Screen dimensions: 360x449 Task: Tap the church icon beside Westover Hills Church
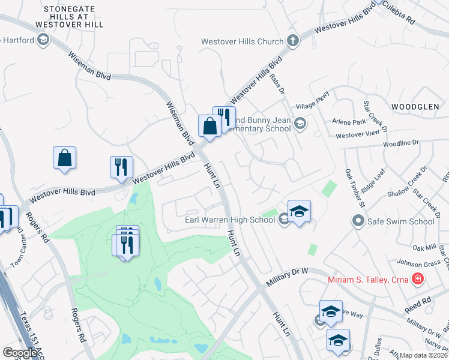pos(292,41)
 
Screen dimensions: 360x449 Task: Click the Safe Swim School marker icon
pos(358,221)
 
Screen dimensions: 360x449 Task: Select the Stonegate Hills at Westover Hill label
pos(73,17)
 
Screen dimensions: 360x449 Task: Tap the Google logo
pos(20,352)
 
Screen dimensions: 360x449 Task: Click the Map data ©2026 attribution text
pos(424,355)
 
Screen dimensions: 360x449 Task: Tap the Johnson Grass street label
pos(420,262)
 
